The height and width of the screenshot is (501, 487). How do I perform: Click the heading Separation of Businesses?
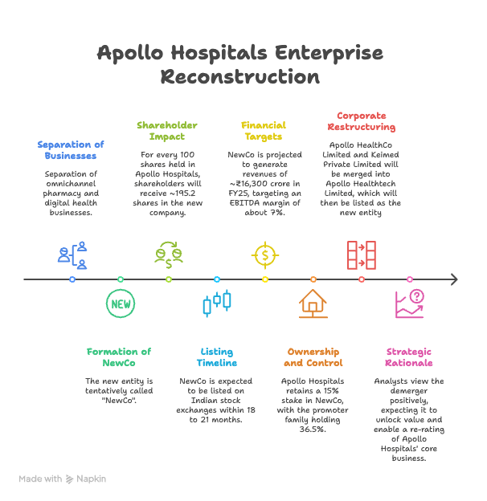tap(71, 150)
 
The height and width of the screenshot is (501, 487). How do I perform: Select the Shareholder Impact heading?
tap(167, 131)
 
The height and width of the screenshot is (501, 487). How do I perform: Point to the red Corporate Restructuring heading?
tap(362, 121)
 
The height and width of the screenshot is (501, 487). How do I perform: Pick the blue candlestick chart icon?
tap(217, 303)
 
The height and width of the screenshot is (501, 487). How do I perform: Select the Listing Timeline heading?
tap(217, 357)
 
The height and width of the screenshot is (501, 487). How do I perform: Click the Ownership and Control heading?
tap(313, 357)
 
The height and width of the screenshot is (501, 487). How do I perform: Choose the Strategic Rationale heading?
tap(409, 357)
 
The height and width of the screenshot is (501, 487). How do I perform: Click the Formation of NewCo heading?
tap(119, 357)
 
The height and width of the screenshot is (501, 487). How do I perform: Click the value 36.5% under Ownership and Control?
tap(313, 430)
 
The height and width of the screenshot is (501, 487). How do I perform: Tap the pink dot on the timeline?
tap(410, 279)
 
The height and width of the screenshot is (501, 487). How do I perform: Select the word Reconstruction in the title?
tap(240, 77)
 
